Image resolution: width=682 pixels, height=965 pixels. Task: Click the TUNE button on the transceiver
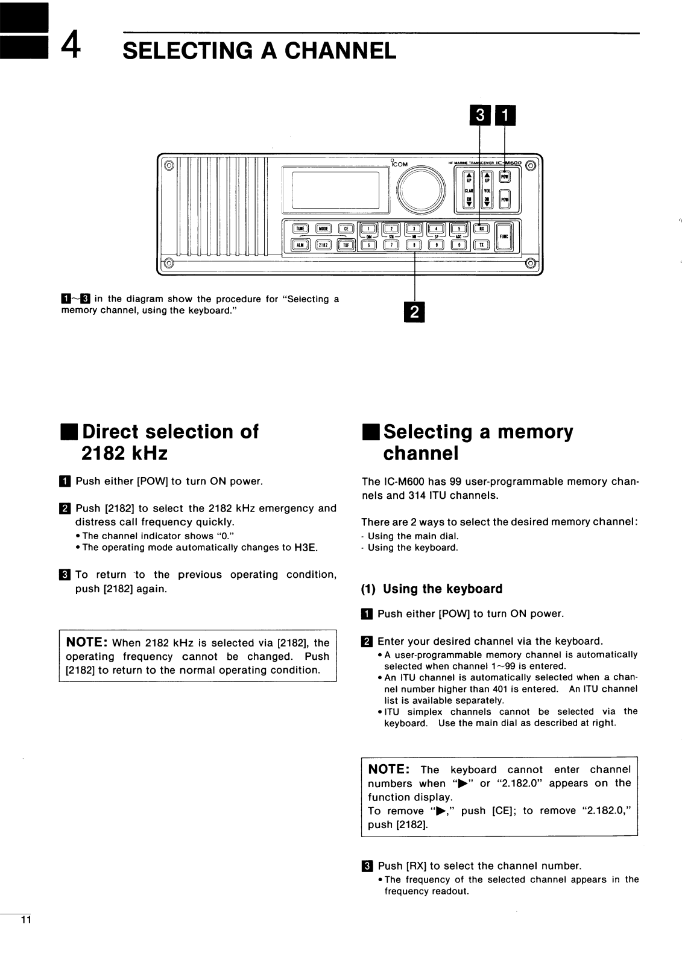(x=300, y=228)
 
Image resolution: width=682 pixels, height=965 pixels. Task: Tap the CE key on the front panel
(x=346, y=228)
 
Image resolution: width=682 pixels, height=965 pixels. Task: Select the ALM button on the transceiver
(x=300, y=244)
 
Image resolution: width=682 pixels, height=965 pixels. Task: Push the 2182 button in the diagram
(x=323, y=244)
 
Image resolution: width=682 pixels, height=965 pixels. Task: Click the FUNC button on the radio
(x=504, y=236)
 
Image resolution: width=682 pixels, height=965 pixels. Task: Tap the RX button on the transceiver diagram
(x=481, y=228)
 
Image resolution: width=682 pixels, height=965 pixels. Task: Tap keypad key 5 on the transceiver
(x=459, y=228)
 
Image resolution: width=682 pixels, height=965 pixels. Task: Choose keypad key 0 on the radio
(x=459, y=244)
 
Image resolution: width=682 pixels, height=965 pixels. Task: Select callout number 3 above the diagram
(x=480, y=115)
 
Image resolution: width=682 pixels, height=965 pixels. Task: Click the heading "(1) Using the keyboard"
(x=432, y=589)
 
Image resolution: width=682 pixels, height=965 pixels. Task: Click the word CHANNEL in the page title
(x=340, y=51)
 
